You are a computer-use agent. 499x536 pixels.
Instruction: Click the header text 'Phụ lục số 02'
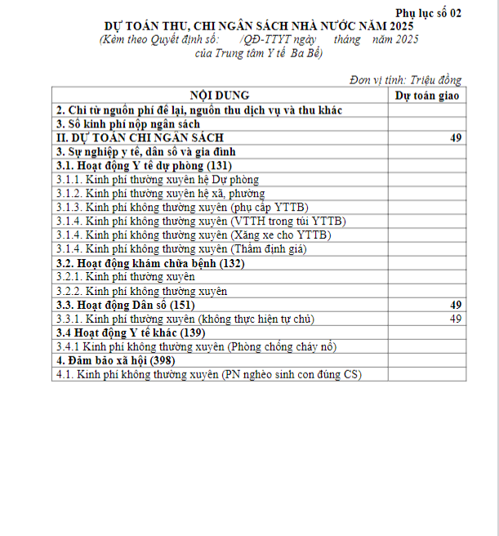click(428, 12)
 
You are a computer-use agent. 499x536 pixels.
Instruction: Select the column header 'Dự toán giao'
click(426, 95)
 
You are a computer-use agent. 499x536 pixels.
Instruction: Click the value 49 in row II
click(456, 137)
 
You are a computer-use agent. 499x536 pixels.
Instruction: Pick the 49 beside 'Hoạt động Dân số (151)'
click(456, 304)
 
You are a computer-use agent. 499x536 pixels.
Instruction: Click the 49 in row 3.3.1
click(456, 318)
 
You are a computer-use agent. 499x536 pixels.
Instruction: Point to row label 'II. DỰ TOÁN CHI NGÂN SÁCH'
click(139, 137)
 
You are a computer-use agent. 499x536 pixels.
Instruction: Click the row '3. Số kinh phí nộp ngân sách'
click(122, 123)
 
